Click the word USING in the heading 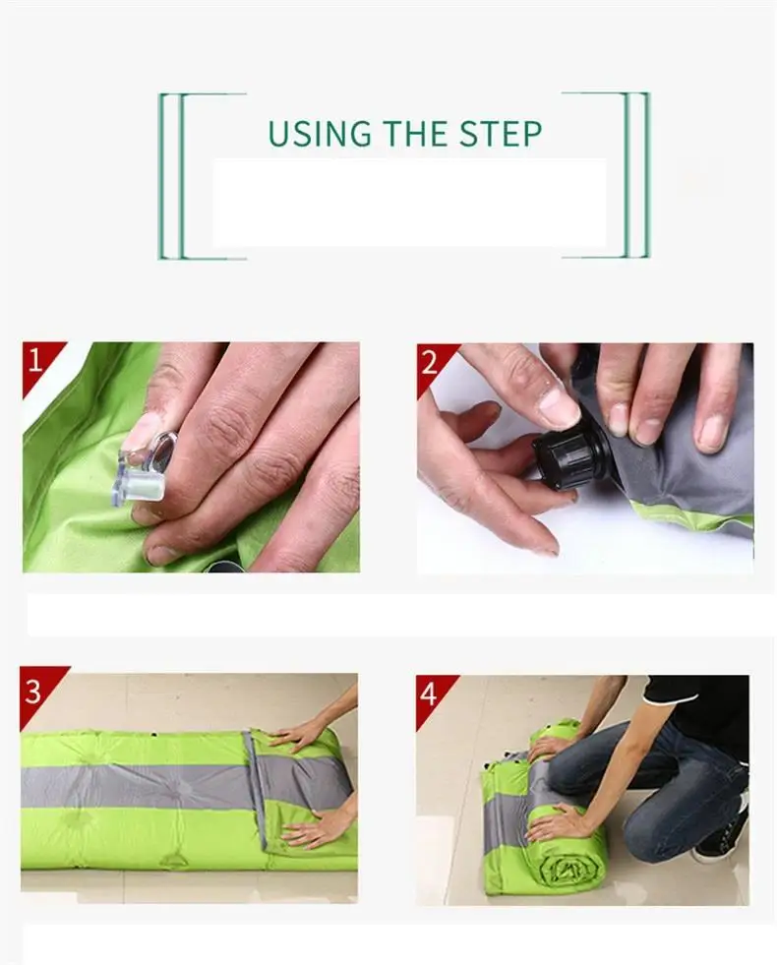320,134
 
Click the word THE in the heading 415,134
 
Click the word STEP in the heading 501,134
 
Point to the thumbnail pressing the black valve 560,407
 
